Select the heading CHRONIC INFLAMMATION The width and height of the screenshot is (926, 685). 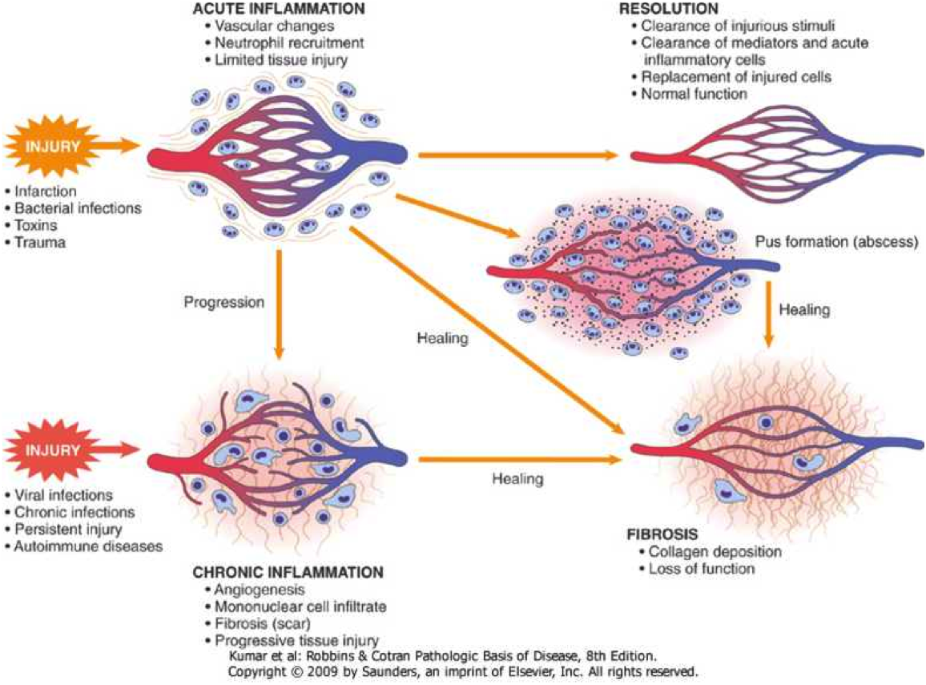click(x=287, y=573)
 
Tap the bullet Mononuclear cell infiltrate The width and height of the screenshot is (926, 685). click(x=300, y=607)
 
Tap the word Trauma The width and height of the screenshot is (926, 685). click(x=39, y=241)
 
